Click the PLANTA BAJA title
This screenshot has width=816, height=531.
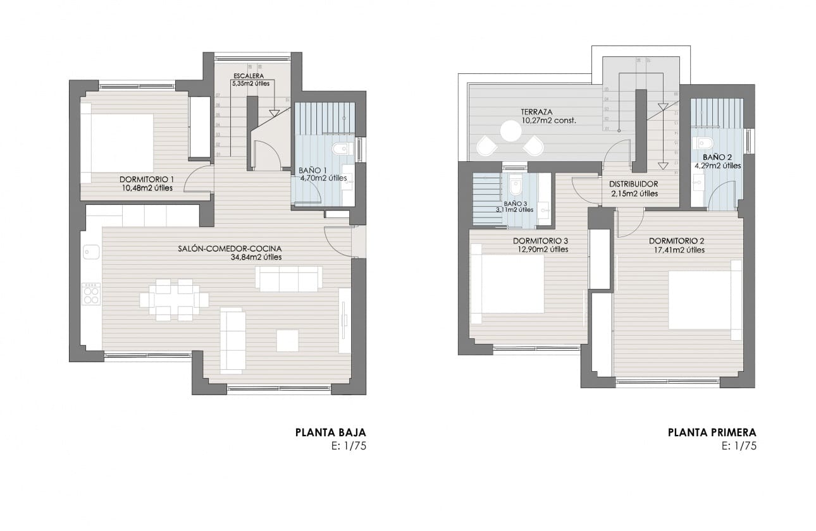(330, 433)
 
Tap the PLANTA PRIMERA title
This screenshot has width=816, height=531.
(712, 433)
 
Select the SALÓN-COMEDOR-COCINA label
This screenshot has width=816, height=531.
(230, 248)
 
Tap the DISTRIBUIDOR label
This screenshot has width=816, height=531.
(633, 185)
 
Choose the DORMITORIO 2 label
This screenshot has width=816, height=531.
(676, 241)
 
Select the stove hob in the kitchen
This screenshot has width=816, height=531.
(91, 293)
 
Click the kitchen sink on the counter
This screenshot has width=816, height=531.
(88, 252)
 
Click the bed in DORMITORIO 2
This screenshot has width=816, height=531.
(703, 300)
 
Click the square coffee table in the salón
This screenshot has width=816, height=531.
(287, 340)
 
